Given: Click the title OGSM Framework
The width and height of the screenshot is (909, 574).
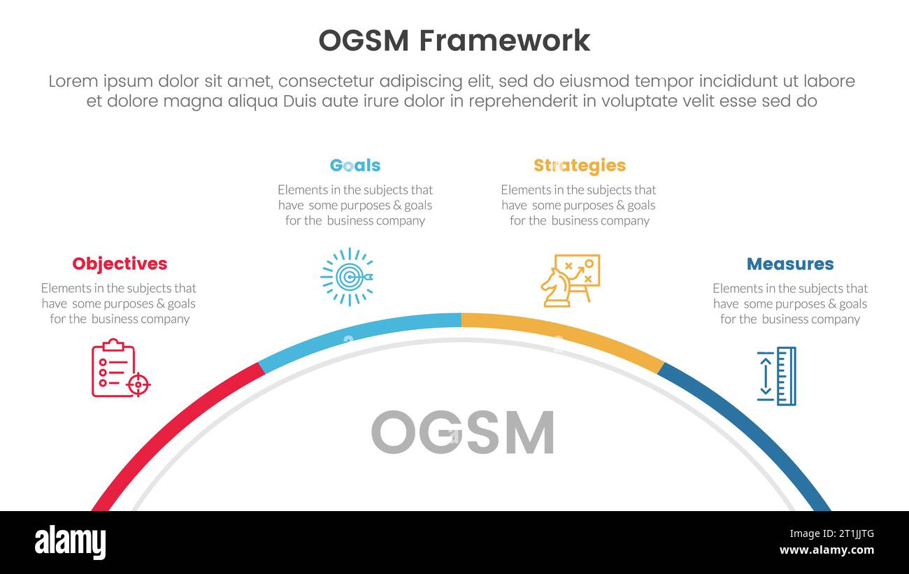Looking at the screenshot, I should pyautogui.click(x=454, y=41).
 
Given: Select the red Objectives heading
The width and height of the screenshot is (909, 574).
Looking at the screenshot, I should pyautogui.click(x=120, y=264).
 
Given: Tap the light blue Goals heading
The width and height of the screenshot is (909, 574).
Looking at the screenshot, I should pyautogui.click(x=355, y=166).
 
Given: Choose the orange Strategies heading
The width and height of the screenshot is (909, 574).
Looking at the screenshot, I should pyautogui.click(x=579, y=166).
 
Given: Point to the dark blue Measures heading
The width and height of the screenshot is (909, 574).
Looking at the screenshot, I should pyautogui.click(x=790, y=264).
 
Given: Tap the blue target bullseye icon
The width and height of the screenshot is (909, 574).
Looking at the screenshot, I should pyautogui.click(x=347, y=277).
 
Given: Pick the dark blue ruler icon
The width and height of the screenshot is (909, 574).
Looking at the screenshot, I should pyautogui.click(x=776, y=376).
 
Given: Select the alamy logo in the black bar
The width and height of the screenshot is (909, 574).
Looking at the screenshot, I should pyautogui.click(x=70, y=543).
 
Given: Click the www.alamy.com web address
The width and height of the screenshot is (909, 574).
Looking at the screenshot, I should pyautogui.click(x=826, y=550).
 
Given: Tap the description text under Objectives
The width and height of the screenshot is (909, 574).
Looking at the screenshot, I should pyautogui.click(x=119, y=303).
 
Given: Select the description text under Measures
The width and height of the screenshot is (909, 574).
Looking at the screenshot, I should pyautogui.click(x=790, y=303).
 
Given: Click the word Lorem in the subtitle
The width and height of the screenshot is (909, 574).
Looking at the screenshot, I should pyautogui.click(x=74, y=82).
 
